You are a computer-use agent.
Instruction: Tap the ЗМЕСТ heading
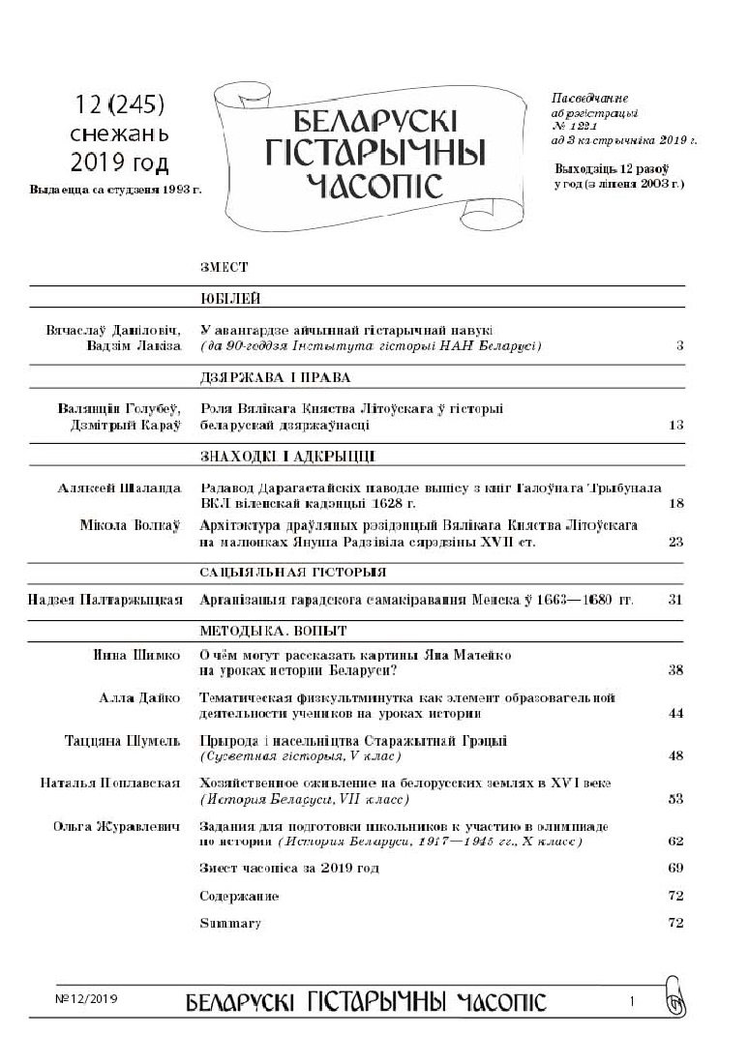[x=224, y=268]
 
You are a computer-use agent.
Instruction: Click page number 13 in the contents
[x=675, y=426]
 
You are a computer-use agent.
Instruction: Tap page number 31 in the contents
[x=675, y=601]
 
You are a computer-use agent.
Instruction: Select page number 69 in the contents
[x=675, y=869]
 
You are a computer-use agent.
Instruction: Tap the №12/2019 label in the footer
[x=85, y=997]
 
